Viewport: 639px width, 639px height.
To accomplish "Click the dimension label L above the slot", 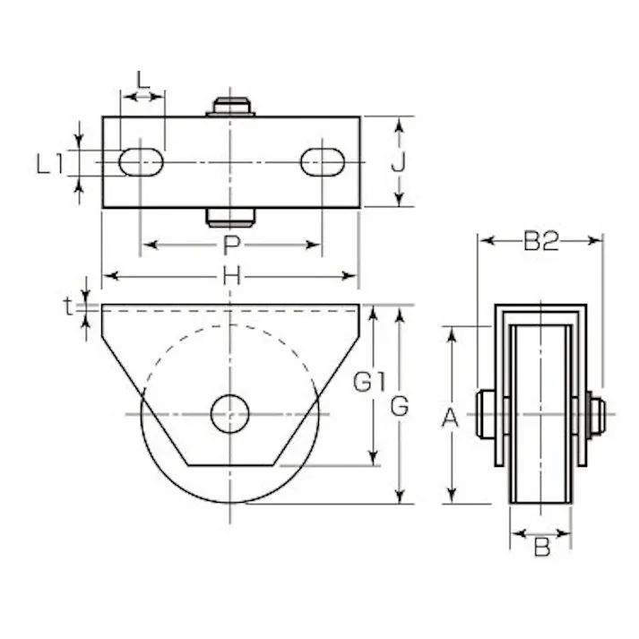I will click(x=142, y=79).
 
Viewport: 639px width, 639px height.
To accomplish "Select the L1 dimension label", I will click(x=50, y=163).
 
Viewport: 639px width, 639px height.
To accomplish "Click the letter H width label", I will click(x=230, y=277).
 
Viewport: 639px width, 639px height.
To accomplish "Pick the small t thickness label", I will click(x=68, y=307).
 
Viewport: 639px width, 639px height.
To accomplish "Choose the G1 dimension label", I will click(x=367, y=384).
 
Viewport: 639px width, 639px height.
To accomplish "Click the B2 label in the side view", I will click(x=540, y=240).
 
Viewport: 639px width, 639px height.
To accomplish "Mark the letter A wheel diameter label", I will click(x=453, y=417).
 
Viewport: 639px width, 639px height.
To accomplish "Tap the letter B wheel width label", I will click(x=540, y=547).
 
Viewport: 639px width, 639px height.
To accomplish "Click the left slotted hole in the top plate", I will click(x=142, y=161).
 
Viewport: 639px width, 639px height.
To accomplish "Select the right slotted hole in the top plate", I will click(x=322, y=161).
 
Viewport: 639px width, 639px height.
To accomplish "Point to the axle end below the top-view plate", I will click(x=231, y=217).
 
